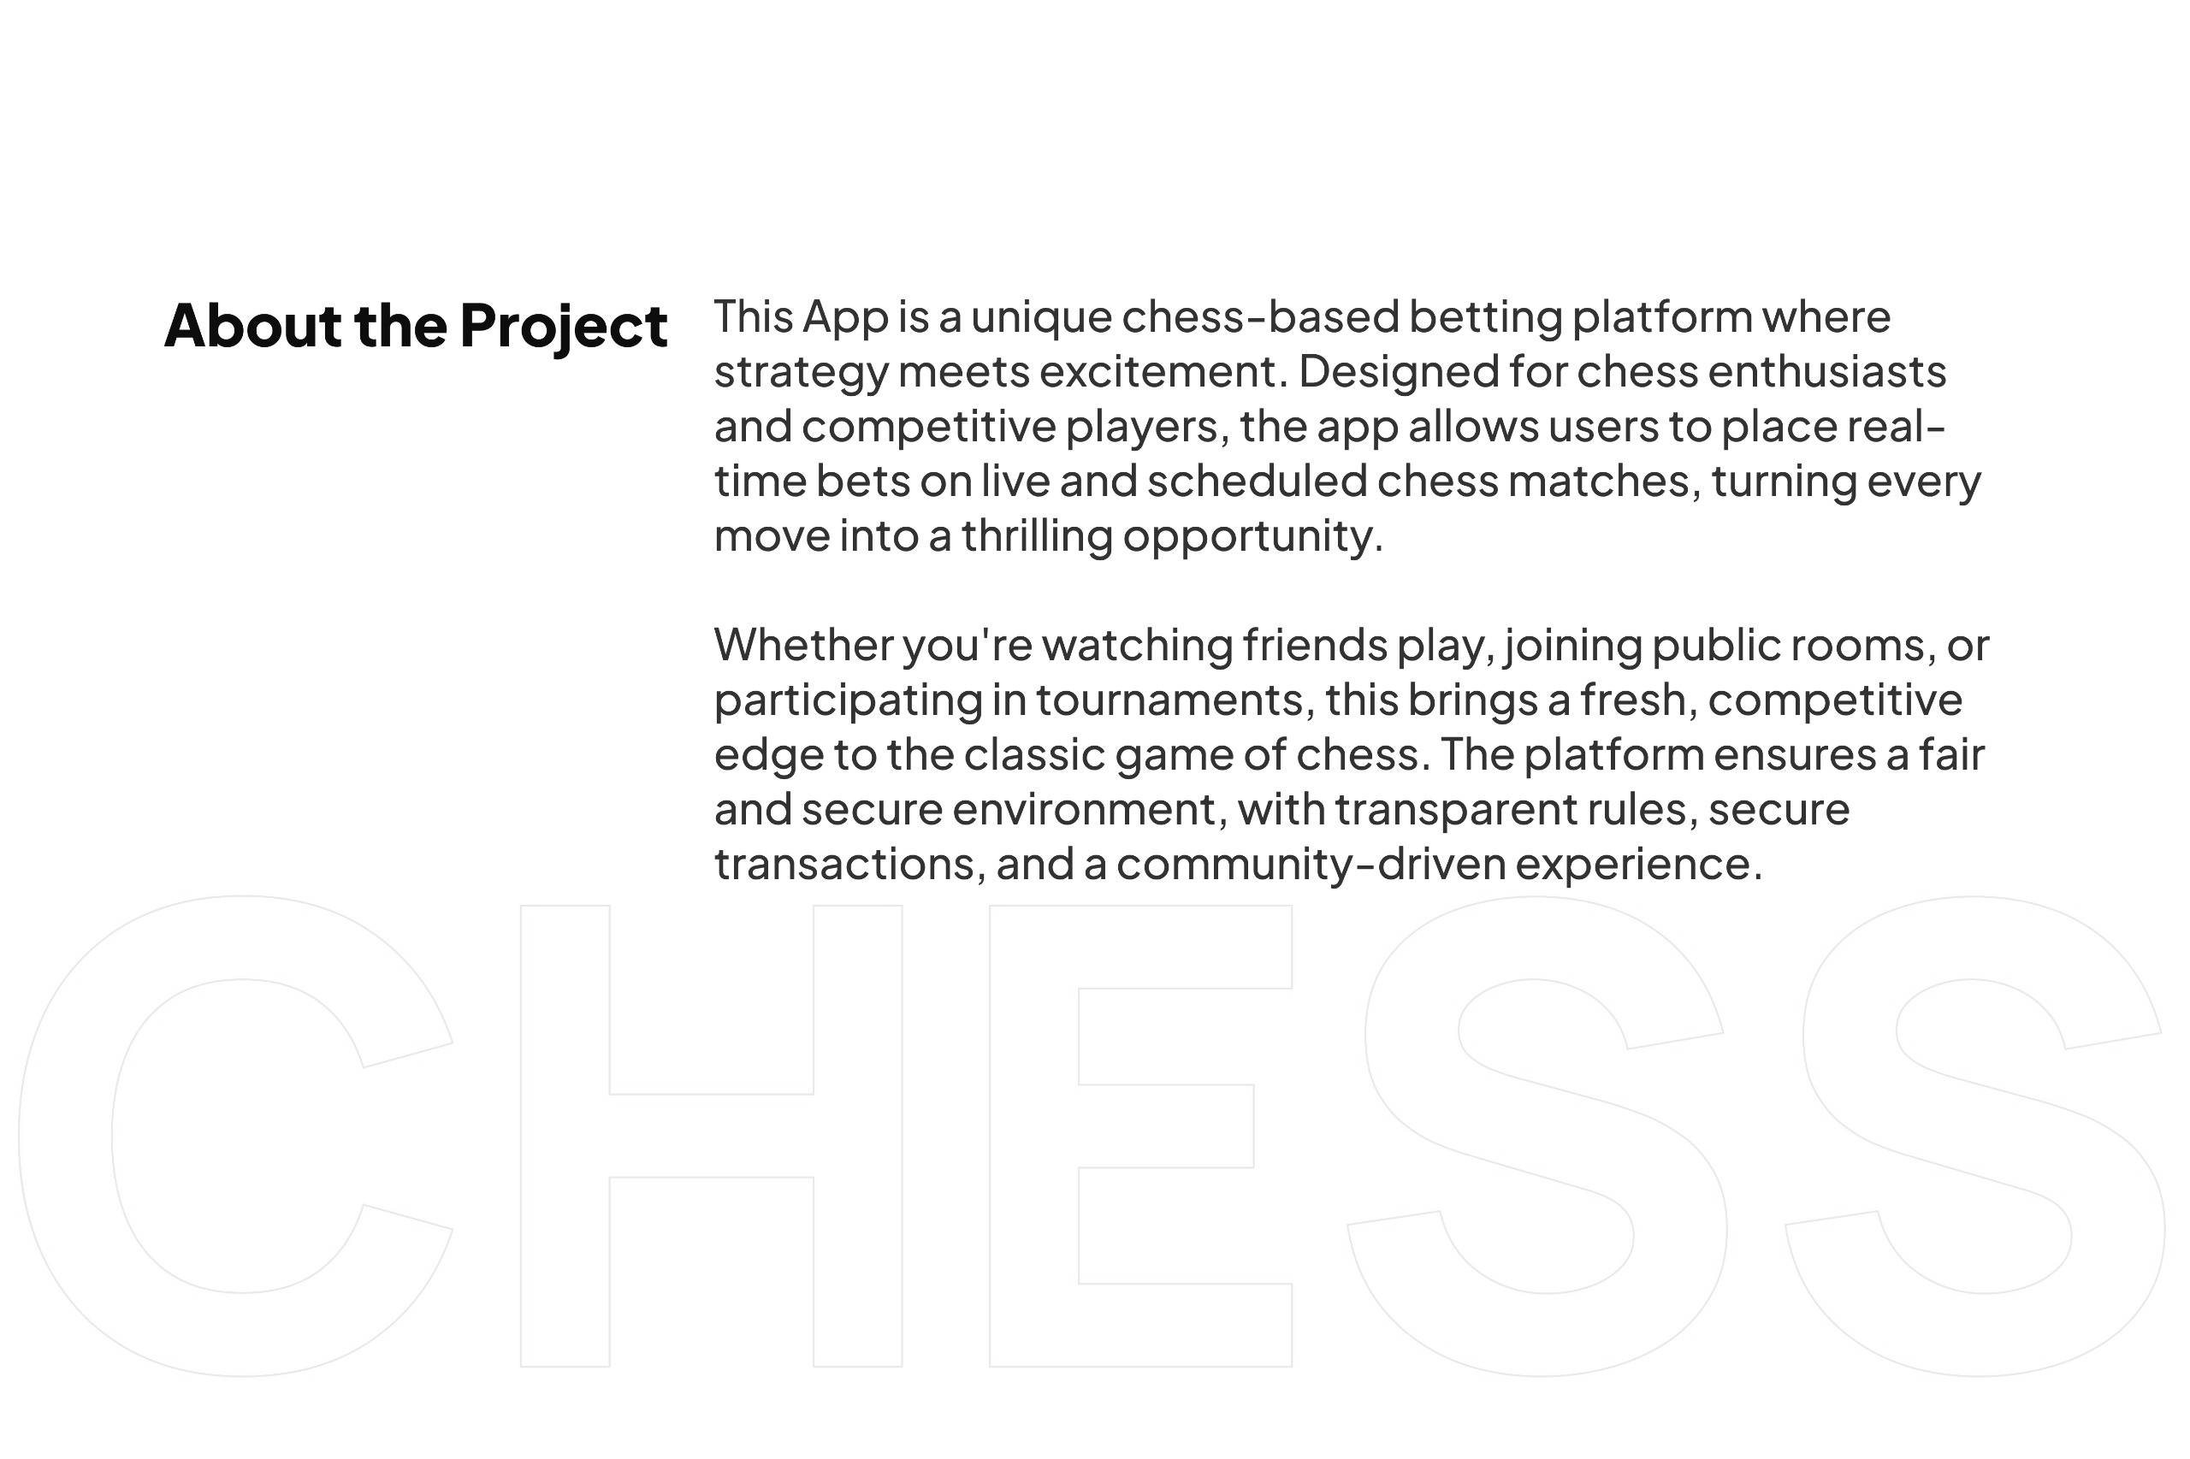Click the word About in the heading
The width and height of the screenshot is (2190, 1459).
[253, 325]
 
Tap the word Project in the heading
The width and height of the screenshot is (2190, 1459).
[564, 328]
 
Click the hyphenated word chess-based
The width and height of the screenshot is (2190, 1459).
[1260, 316]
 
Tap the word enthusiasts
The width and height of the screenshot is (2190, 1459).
[1827, 371]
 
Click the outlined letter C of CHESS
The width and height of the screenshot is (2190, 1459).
[65, 1136]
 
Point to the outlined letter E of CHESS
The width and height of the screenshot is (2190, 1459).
[1033, 1136]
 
